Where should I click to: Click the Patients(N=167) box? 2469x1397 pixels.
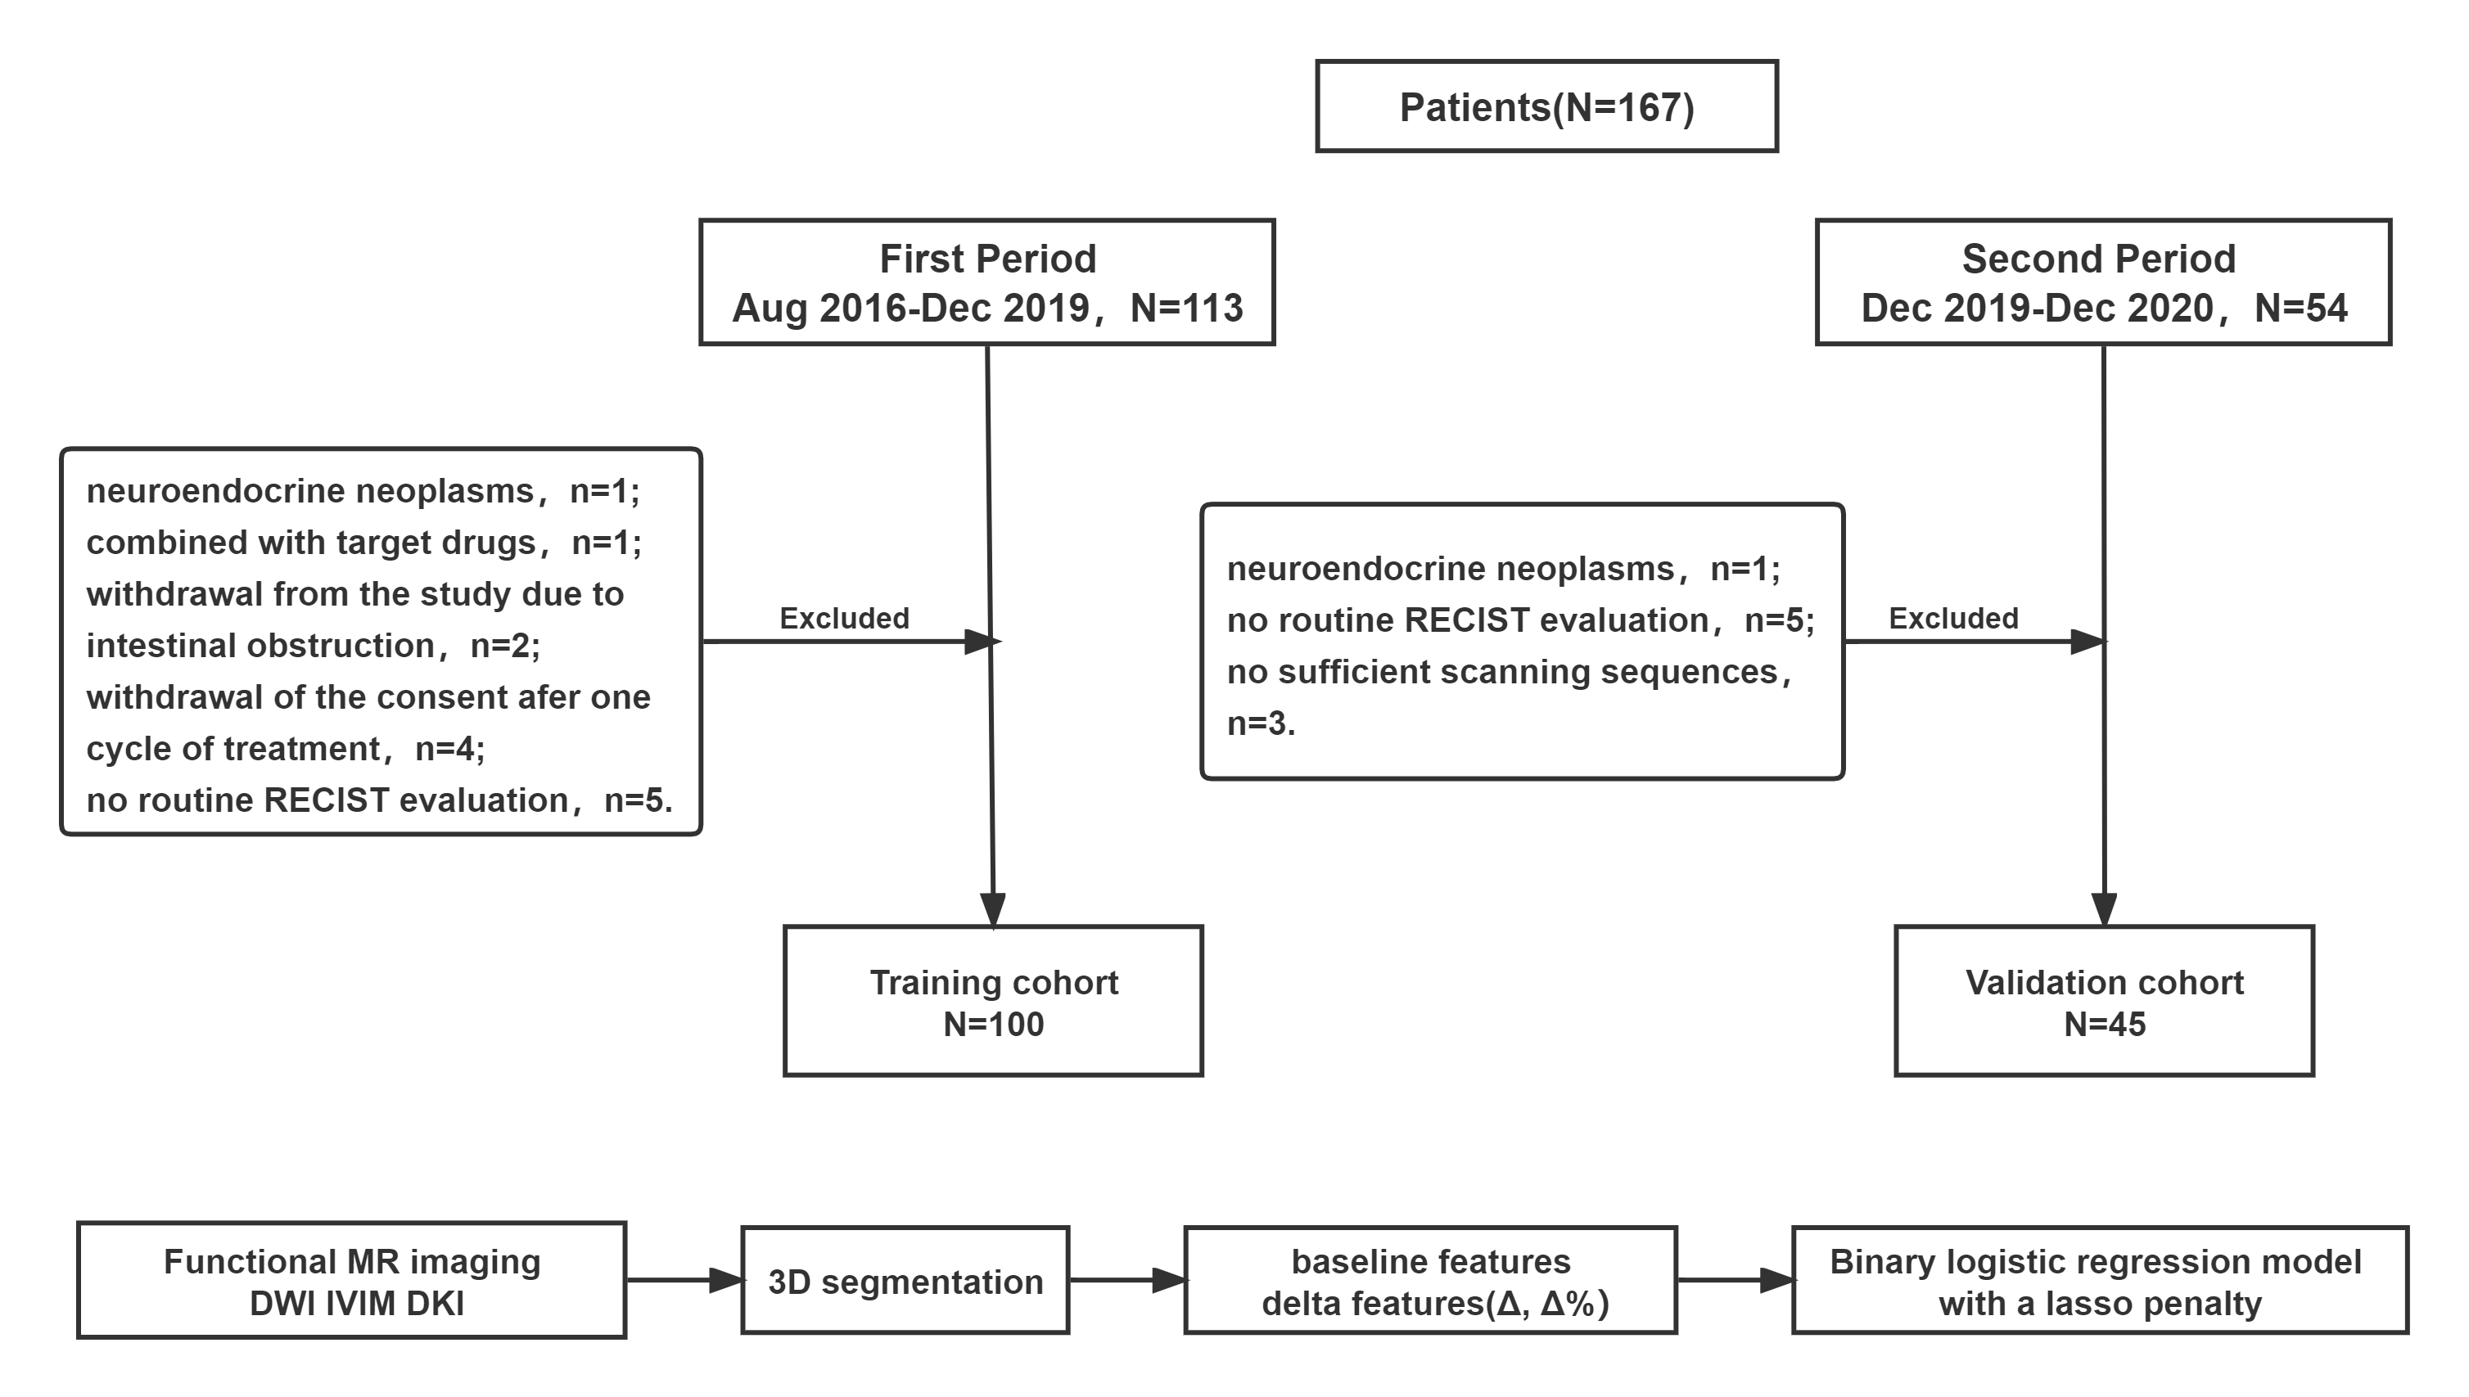click(x=1546, y=106)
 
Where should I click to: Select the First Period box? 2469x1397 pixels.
click(x=986, y=282)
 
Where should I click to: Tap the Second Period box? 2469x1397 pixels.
click(x=2102, y=282)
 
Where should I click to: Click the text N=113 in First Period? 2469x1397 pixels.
click(x=1186, y=308)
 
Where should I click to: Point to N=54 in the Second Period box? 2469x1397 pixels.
click(x=2300, y=308)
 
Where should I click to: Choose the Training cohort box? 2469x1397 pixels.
click(x=993, y=1001)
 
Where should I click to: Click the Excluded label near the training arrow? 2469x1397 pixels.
click(x=843, y=618)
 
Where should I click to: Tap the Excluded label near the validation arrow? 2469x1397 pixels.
click(x=1952, y=618)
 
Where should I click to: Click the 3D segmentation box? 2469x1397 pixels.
click(x=905, y=1281)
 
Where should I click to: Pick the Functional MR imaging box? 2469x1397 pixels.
click(x=351, y=1281)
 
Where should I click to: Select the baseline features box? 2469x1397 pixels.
click(x=1431, y=1281)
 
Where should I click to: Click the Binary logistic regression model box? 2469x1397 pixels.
click(x=2099, y=1281)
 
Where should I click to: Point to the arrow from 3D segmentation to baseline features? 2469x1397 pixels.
click(x=1127, y=1280)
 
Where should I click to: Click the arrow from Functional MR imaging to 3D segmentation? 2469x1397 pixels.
click(x=684, y=1280)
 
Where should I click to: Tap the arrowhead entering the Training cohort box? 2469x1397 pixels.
click(x=993, y=908)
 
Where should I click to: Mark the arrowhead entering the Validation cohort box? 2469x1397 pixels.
click(x=2103, y=908)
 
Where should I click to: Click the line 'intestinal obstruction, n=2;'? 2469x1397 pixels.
click(x=313, y=646)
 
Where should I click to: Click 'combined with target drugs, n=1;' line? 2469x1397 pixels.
click(x=363, y=543)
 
